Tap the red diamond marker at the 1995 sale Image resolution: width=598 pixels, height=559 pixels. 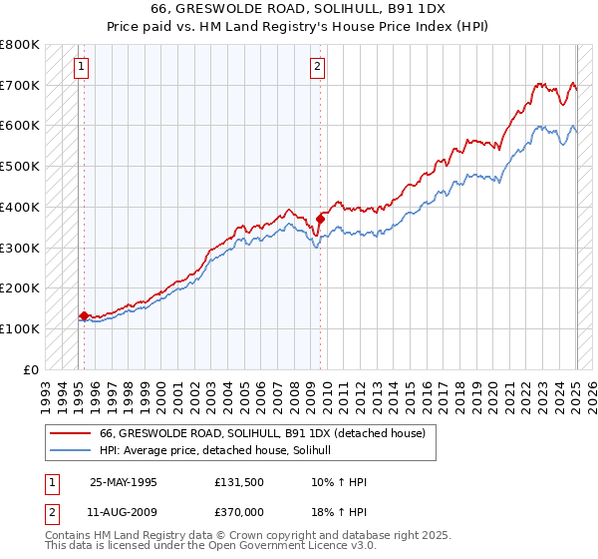[84, 315]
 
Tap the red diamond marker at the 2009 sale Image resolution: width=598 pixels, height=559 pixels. [320, 219]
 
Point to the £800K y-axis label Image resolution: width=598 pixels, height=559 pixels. [20, 45]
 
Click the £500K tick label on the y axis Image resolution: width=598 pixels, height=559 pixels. [20, 167]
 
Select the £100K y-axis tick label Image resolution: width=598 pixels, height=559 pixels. [20, 328]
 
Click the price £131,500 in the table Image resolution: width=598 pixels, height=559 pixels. [238, 481]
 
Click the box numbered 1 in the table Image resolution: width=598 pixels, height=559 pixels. [52, 481]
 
